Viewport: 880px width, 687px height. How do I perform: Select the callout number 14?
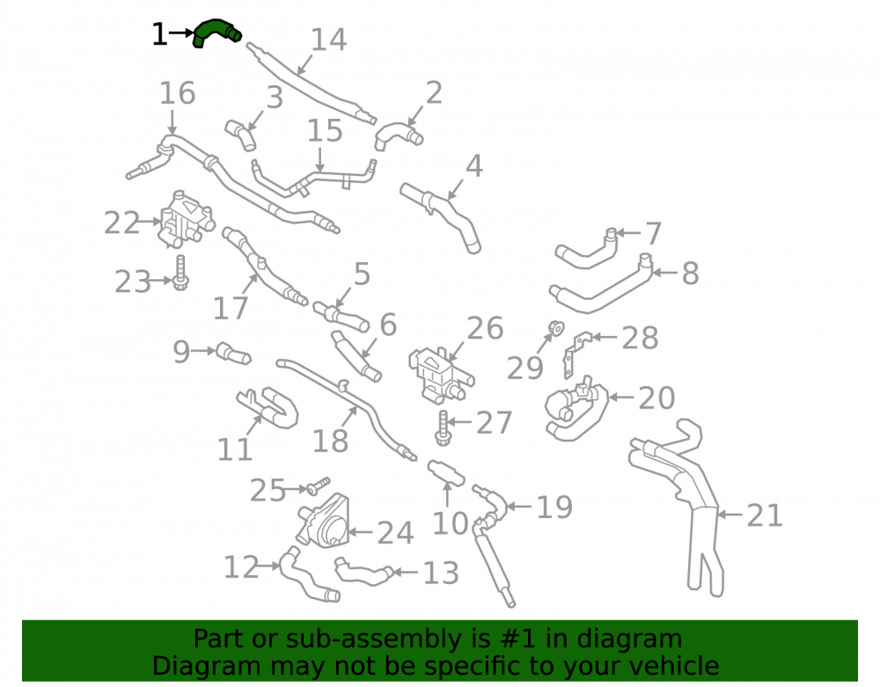pos(328,40)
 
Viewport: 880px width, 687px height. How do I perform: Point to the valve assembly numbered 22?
pos(185,219)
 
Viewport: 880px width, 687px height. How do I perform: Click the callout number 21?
pos(765,515)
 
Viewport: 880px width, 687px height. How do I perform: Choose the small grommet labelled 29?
pos(557,327)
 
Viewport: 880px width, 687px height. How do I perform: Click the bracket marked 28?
pos(577,354)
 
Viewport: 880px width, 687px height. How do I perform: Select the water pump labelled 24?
pos(326,522)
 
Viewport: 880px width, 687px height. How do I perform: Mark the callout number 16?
pos(178,93)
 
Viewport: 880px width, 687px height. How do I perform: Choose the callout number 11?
pos(235,449)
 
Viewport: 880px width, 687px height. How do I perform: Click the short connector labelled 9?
pos(233,354)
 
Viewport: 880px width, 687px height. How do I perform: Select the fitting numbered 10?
pos(446,472)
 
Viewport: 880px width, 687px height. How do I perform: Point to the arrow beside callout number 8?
pos(665,273)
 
